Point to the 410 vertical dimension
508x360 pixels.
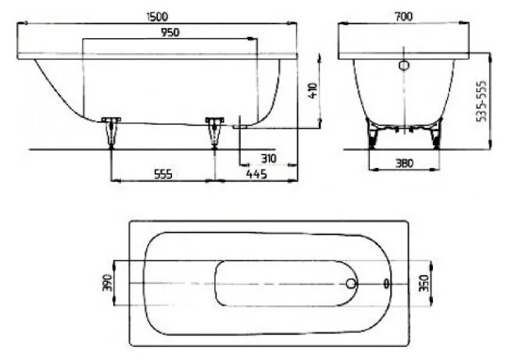(311, 90)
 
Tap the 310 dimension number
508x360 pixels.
(268, 158)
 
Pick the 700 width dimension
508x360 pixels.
(403, 15)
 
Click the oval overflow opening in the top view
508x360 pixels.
(387, 283)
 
